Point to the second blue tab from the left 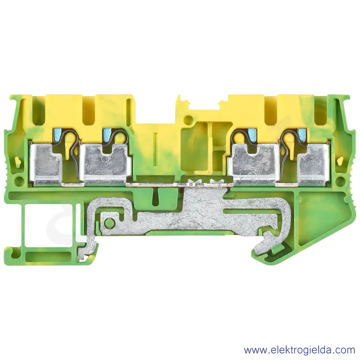107,133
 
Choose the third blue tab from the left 251,133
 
